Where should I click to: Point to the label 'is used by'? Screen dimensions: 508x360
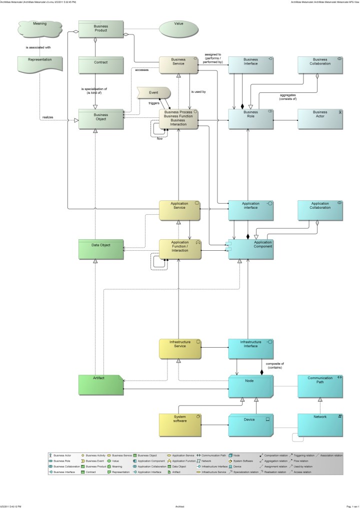198,92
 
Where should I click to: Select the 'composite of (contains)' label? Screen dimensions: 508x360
274,365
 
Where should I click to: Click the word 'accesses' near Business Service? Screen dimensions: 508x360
141,70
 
